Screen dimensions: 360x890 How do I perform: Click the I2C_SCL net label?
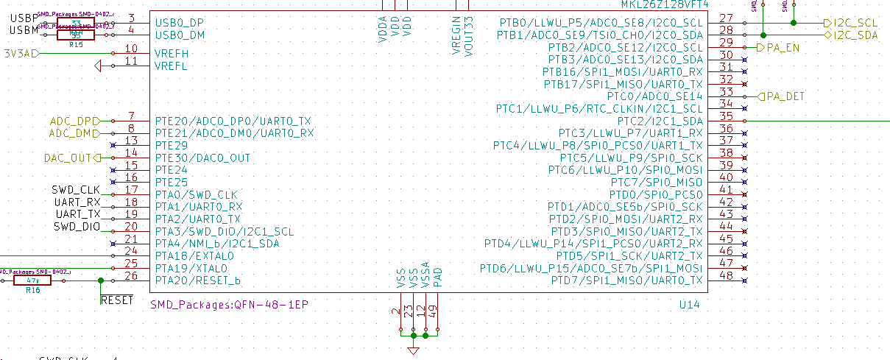856,23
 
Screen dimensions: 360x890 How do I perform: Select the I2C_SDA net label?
856,35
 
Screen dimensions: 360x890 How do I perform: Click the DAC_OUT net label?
69,158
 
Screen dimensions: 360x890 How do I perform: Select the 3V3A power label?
18,53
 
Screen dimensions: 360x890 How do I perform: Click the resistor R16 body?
32,280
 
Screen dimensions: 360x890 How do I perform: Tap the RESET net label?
116,300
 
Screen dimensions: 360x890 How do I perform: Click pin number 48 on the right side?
726,275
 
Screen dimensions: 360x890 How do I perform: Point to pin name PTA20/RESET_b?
197,280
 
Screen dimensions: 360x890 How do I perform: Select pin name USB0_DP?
180,23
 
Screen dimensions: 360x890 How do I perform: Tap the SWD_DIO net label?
77,227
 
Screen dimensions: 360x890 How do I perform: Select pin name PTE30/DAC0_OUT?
202,158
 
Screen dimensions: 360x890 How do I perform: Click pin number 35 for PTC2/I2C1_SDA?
726,116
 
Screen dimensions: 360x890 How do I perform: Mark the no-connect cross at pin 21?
112,243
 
